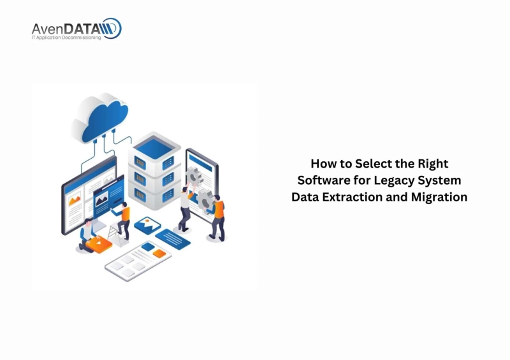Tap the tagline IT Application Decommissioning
coord(66,38)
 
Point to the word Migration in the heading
coord(439,197)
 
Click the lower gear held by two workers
coord(207,201)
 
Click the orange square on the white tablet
coord(159,254)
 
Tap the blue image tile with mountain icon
coord(147,225)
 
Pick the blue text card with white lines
coord(173,238)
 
